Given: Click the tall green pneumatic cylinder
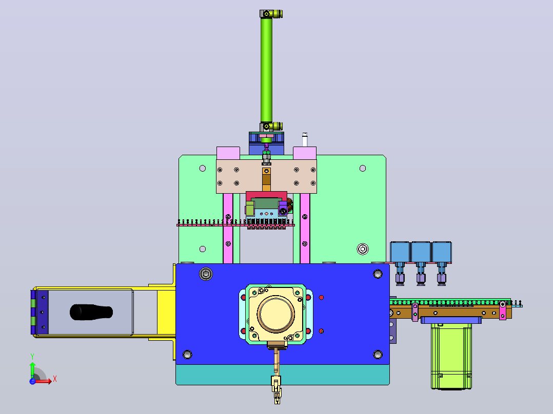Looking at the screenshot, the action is pyautogui.click(x=266, y=71).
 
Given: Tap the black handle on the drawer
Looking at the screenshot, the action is pyautogui.click(x=91, y=312).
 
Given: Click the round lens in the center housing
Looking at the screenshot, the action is pyautogui.click(x=276, y=314).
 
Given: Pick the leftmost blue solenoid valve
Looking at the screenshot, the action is pyautogui.click(x=400, y=252).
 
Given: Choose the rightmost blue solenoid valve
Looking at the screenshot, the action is pyautogui.click(x=442, y=252).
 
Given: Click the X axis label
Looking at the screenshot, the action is pyautogui.click(x=55, y=379).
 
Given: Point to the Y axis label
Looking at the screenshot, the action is pyautogui.click(x=32, y=357).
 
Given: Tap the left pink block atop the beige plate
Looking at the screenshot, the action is pyautogui.click(x=228, y=153).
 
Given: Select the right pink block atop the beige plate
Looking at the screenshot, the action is pyautogui.click(x=305, y=153).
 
